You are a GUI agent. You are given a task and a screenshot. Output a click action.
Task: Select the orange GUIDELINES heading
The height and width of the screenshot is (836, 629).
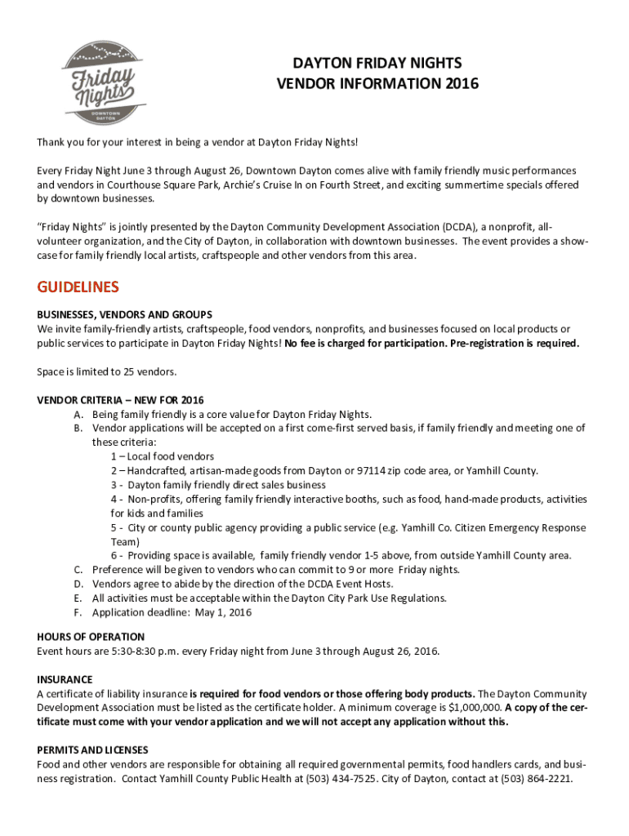coord(78,287)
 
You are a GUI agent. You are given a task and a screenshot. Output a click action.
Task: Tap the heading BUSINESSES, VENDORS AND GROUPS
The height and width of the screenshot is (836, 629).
coord(124,314)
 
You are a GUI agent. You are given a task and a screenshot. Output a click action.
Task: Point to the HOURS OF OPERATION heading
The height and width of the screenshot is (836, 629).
coord(91,637)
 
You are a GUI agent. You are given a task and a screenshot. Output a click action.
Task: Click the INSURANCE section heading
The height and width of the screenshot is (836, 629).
coord(65,679)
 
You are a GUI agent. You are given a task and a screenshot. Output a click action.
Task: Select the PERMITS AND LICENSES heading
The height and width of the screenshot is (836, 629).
coord(92,749)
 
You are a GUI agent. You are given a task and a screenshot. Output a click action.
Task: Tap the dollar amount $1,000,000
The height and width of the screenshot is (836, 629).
coord(475,708)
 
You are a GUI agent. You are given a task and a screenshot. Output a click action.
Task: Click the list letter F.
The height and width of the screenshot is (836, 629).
coord(78,612)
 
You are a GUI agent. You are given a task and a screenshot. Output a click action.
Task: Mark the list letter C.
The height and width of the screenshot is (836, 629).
coord(78,570)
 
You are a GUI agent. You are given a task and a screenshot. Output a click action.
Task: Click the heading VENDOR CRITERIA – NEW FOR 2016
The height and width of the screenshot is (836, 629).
coord(120,400)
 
